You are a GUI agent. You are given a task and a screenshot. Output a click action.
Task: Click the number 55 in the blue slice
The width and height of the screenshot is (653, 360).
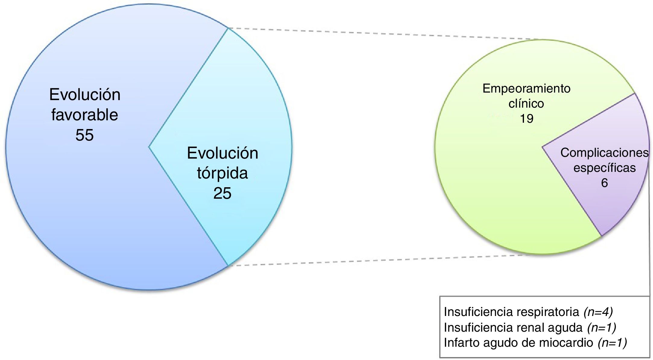84,135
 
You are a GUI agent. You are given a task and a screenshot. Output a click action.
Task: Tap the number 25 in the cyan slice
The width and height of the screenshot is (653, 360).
222,193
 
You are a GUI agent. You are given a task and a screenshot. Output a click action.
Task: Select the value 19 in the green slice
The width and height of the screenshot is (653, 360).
526,119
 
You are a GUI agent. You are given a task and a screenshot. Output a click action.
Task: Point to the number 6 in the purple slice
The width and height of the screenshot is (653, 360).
604,183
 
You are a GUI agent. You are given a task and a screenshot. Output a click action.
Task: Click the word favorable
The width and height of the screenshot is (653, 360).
84,115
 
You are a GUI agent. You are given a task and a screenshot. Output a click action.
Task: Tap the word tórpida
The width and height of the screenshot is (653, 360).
222,173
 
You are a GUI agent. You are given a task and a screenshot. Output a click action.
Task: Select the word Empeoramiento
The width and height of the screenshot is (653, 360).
526,89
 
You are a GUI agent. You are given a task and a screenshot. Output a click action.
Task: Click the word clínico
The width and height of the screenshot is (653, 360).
526,104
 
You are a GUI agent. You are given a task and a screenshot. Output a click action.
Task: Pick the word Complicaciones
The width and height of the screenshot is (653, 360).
604,153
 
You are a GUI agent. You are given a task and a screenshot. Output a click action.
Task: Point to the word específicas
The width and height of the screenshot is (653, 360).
604,168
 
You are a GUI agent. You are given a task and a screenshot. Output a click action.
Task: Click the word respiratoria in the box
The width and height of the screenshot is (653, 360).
548,312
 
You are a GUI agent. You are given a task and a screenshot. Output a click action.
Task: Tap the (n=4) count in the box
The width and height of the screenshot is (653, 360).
598,312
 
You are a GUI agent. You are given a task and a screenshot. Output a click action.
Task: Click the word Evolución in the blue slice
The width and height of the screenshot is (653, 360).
85,95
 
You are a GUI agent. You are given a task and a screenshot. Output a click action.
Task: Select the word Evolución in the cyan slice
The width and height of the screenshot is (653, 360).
222,153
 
